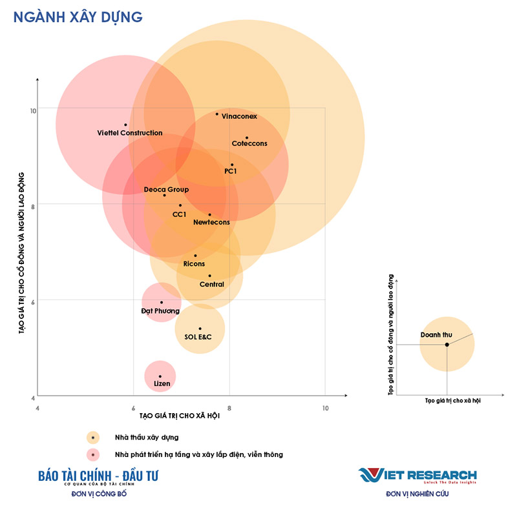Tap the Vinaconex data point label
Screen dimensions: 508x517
239,117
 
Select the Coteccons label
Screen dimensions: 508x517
249,143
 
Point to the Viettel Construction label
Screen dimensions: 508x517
130,133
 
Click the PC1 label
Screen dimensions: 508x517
231,171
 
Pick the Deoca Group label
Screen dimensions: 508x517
166,190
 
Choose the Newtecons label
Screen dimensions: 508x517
211,222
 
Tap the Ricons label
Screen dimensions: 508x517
194,264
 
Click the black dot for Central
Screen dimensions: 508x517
209,276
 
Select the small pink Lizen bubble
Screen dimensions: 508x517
160,377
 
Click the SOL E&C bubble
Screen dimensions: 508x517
199,329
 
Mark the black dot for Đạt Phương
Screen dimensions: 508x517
162,302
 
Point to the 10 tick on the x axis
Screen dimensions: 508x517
325,408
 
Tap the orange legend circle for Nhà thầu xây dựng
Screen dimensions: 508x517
94,438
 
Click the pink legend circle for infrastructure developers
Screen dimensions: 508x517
94,454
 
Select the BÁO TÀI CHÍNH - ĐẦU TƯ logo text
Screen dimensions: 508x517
98,476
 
